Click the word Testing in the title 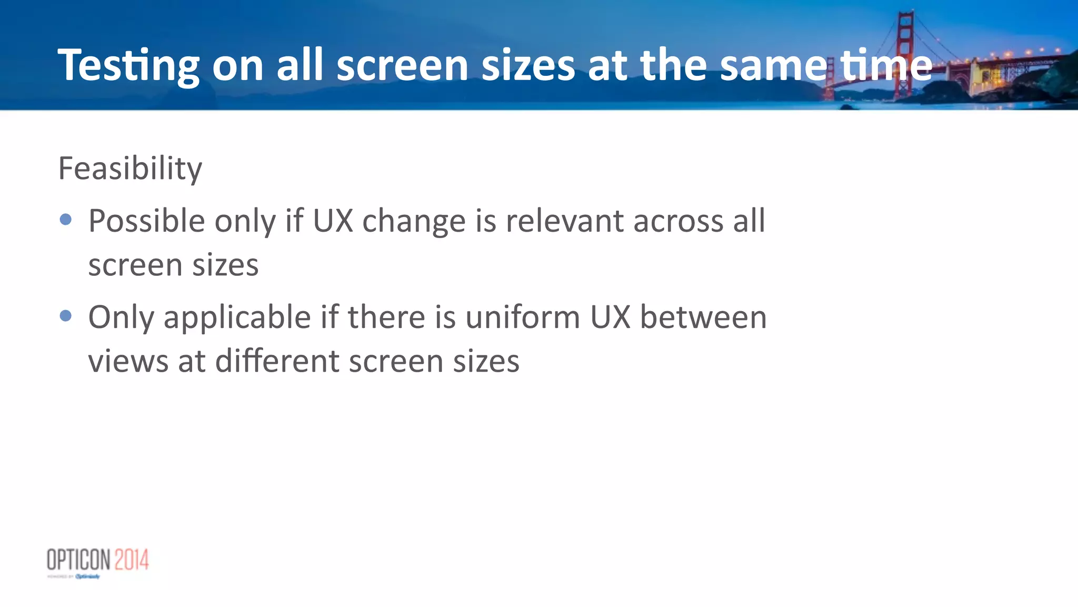click(x=128, y=65)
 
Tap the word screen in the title click(x=403, y=65)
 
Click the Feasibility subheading click(x=130, y=168)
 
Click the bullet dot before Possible click(x=66, y=219)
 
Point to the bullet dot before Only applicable click(x=66, y=315)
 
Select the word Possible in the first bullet click(x=146, y=221)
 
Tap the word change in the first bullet click(x=414, y=221)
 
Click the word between click(x=703, y=317)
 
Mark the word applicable click(x=237, y=317)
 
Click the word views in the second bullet click(x=128, y=362)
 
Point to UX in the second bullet click(x=610, y=317)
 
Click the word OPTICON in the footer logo click(x=78, y=560)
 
